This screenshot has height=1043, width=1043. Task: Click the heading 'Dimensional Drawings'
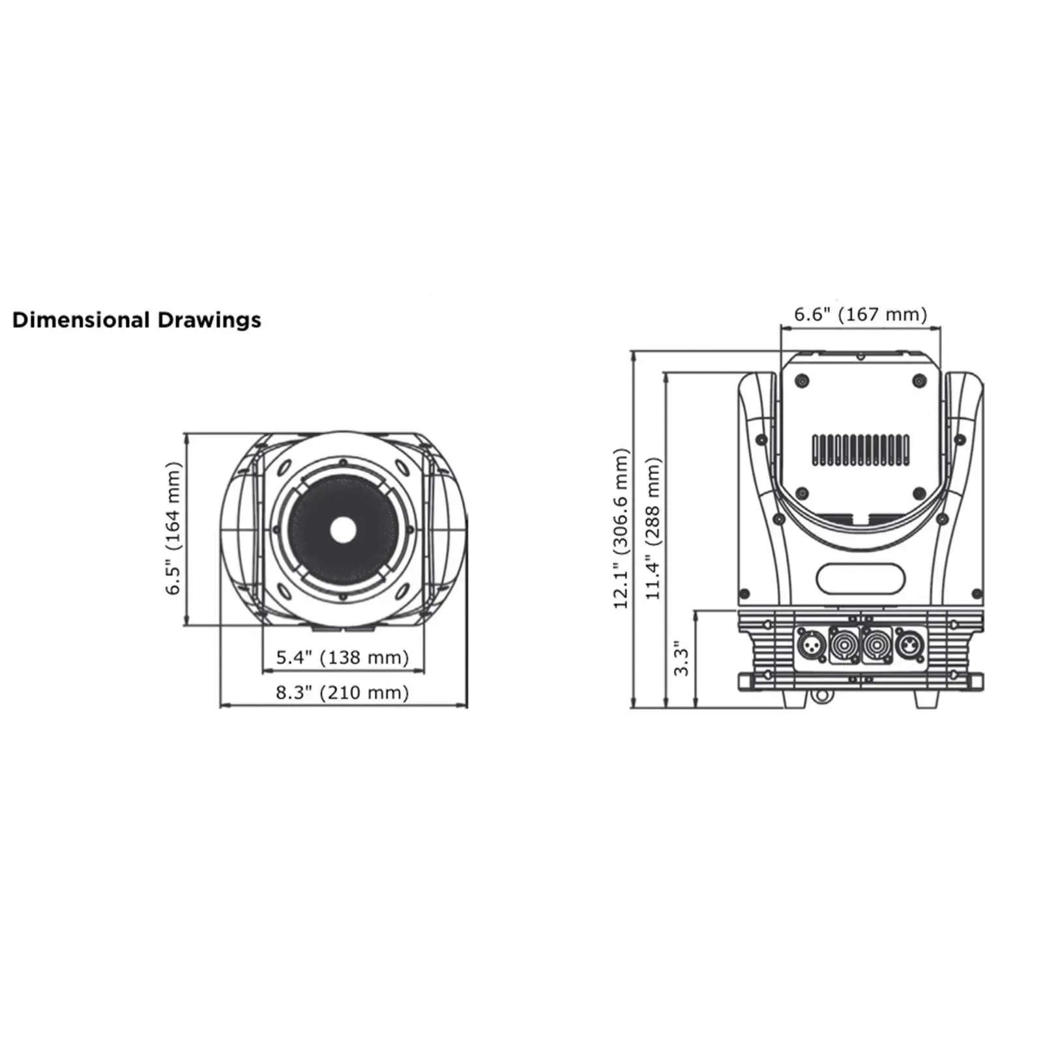click(x=136, y=320)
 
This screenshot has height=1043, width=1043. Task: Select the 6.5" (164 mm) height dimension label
click(x=172, y=528)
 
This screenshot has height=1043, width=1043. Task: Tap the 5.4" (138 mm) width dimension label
click(x=342, y=657)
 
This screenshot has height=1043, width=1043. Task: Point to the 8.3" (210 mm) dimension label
click(x=342, y=692)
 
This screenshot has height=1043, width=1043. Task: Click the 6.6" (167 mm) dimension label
click(x=860, y=314)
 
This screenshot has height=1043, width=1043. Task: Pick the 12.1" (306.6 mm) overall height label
click(x=621, y=528)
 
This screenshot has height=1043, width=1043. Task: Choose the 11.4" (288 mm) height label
click(x=653, y=528)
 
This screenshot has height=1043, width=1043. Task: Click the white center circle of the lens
click(x=343, y=529)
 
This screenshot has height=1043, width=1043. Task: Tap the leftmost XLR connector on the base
click(x=812, y=646)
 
